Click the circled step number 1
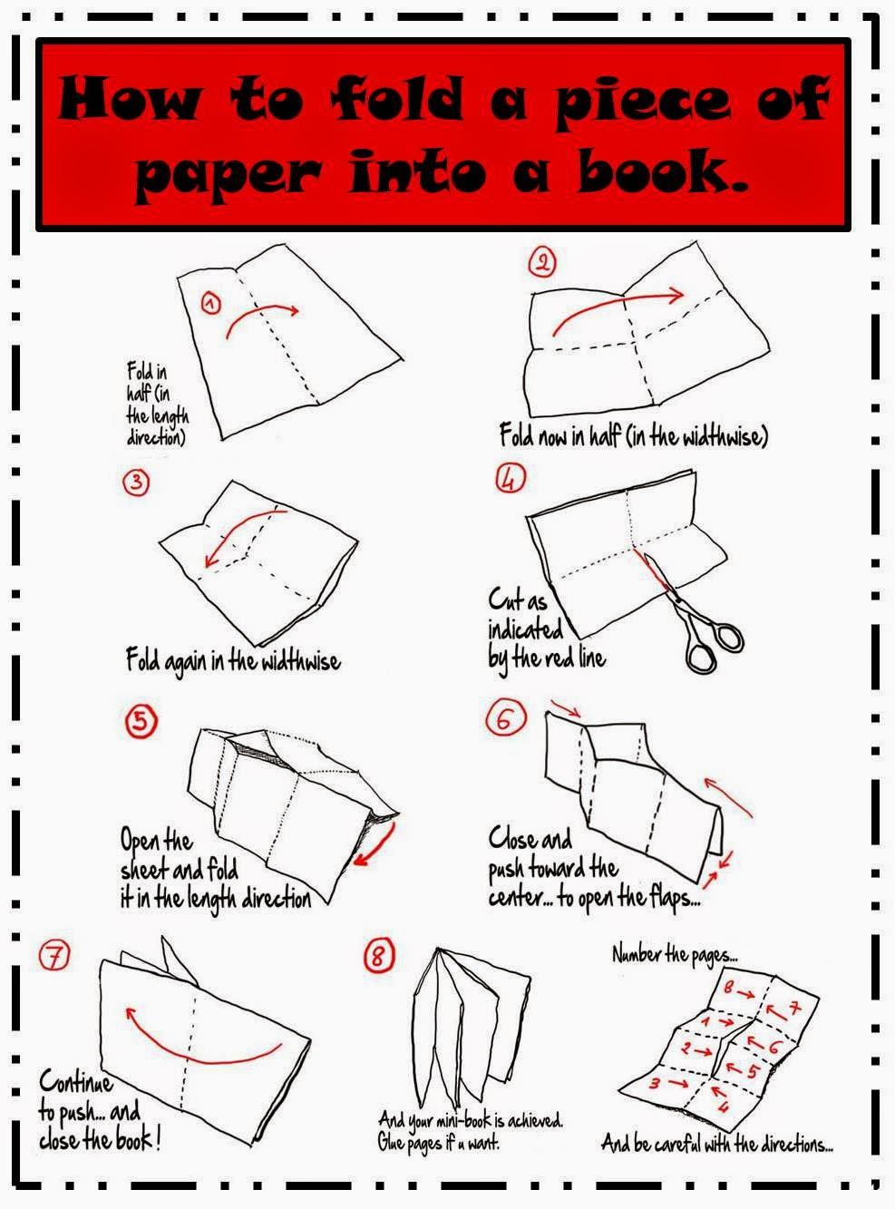pyautogui.click(x=210, y=304)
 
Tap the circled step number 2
pyautogui.click(x=541, y=263)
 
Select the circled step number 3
pyautogui.click(x=136, y=483)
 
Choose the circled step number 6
pyautogui.click(x=507, y=719)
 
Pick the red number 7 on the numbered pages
pyautogui.click(x=794, y=1009)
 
